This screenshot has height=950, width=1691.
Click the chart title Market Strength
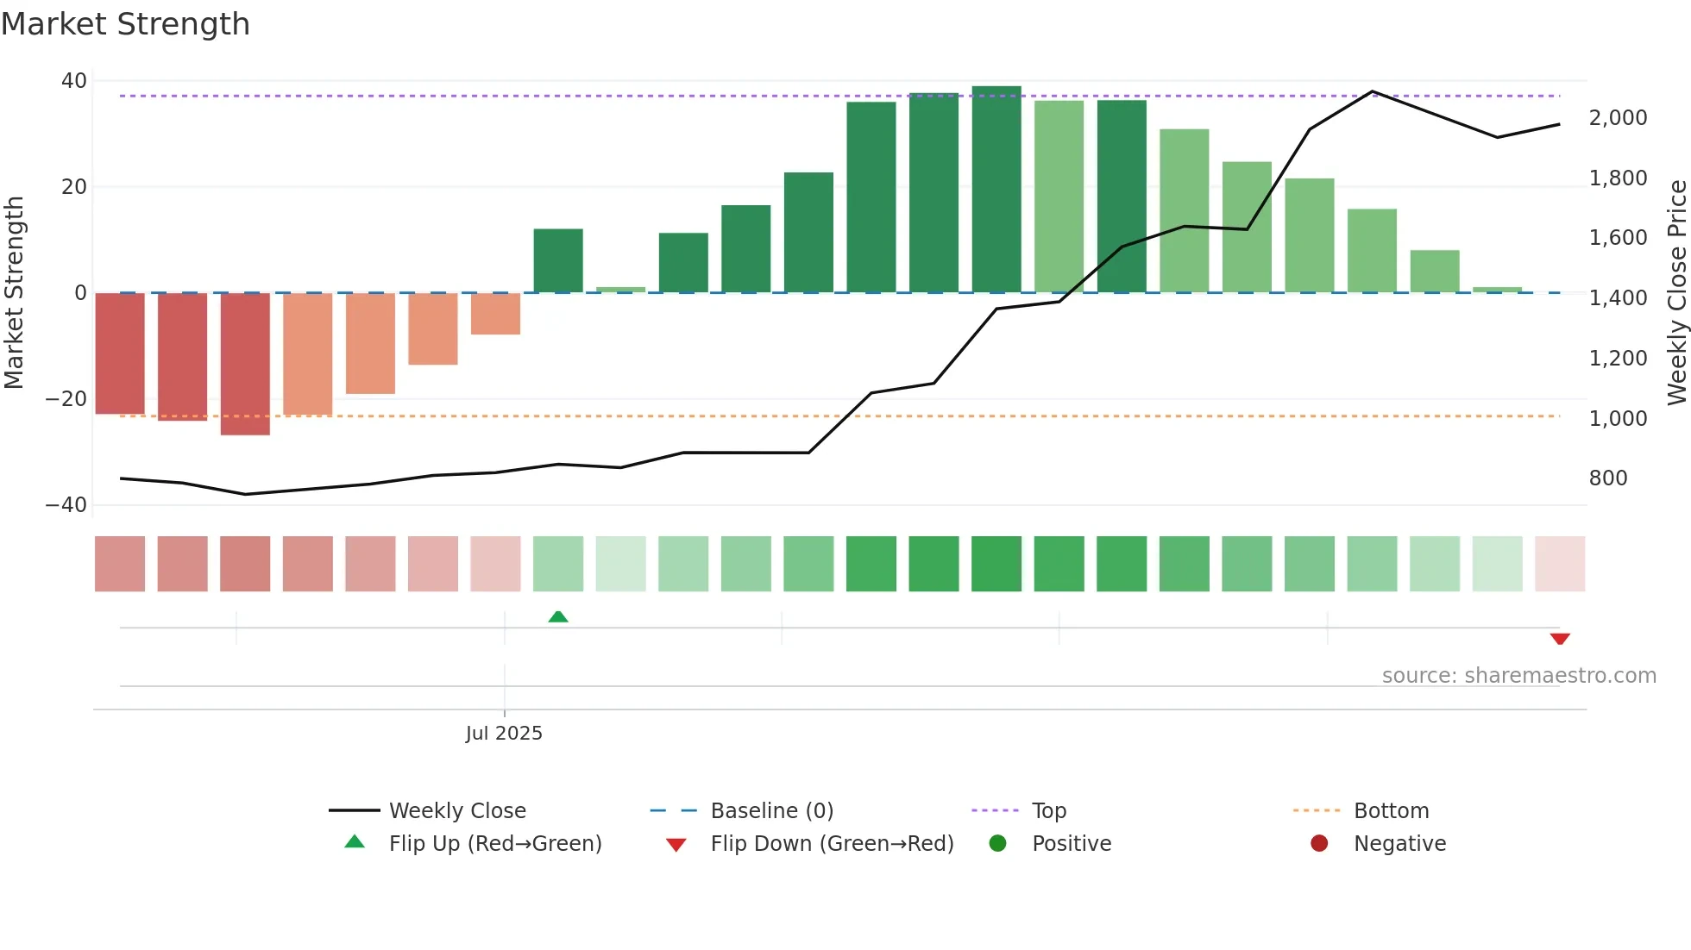(x=125, y=24)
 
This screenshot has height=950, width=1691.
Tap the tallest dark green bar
(x=996, y=190)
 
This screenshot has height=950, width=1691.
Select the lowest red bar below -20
(x=245, y=365)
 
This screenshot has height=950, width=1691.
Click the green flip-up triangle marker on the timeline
(x=558, y=616)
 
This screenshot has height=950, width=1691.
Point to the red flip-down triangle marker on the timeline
(x=1559, y=639)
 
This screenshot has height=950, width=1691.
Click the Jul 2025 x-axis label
(x=504, y=733)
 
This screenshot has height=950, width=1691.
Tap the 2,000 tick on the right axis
(x=1618, y=118)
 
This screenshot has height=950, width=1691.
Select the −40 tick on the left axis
(x=66, y=505)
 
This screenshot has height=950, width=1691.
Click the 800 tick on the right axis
(x=1607, y=478)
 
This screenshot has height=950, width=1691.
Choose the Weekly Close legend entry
(x=456, y=810)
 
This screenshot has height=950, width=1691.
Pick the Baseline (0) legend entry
(x=771, y=810)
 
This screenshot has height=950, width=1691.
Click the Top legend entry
(x=1048, y=810)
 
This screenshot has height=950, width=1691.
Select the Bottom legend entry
(x=1391, y=810)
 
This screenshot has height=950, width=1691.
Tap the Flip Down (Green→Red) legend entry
(x=831, y=843)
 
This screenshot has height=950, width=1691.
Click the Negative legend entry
(x=1399, y=843)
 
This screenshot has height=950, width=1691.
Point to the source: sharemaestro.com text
(x=1518, y=676)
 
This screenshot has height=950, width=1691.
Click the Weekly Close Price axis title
(x=1676, y=293)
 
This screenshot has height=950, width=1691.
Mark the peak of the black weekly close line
(x=1372, y=91)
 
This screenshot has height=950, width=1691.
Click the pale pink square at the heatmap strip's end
(x=1559, y=564)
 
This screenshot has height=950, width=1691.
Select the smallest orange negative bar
(x=495, y=314)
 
